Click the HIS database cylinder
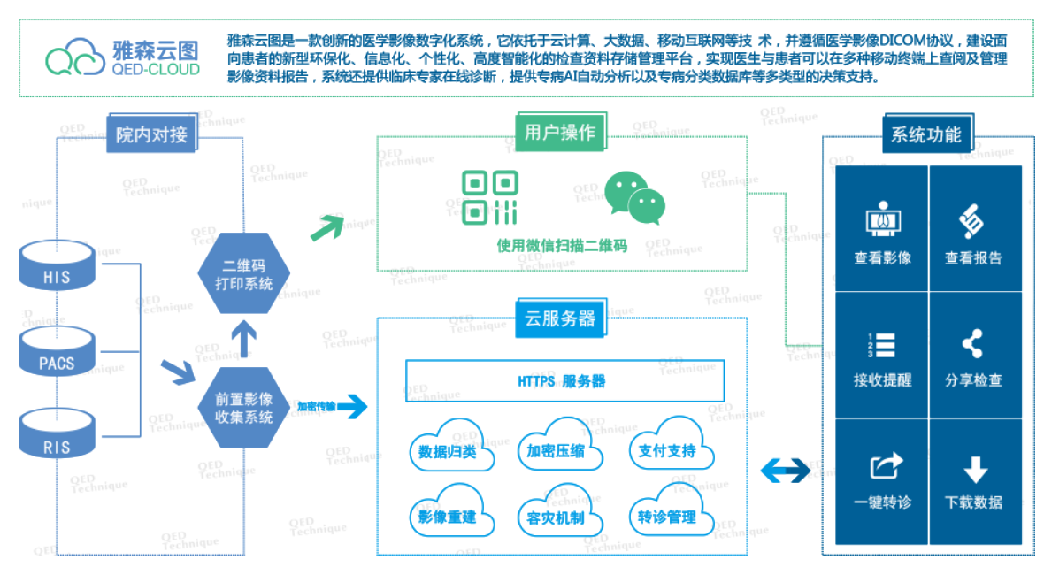[57, 265]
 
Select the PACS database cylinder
[57, 351]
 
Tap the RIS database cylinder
[57, 434]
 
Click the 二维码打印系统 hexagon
[243, 273]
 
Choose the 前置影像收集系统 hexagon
[243, 408]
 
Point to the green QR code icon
[490, 197]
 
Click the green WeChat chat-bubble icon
[635, 197]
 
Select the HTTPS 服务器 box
[564, 380]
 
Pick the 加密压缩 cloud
[559, 445]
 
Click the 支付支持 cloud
[671, 444]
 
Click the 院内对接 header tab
[151, 134]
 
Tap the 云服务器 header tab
[561, 318]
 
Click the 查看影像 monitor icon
[883, 219]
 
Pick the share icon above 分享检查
[972, 344]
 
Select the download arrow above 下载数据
[975, 469]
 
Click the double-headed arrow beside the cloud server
[786, 471]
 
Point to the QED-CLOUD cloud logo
[75, 57]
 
